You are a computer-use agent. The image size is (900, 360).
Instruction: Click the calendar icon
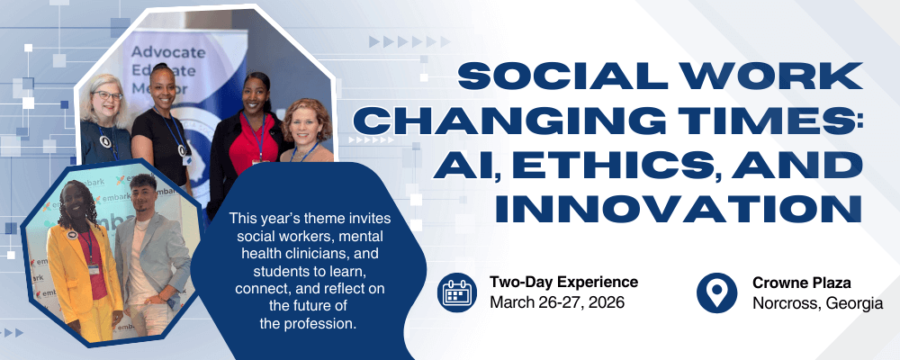click(456, 292)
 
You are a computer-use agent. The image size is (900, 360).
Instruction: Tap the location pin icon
click(716, 292)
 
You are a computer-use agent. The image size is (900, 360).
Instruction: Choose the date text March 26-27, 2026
click(557, 302)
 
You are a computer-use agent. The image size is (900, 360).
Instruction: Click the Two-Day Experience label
click(563, 282)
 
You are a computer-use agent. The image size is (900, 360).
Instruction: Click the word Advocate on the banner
click(168, 52)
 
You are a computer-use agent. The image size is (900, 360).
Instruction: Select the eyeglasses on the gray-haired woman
click(107, 95)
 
